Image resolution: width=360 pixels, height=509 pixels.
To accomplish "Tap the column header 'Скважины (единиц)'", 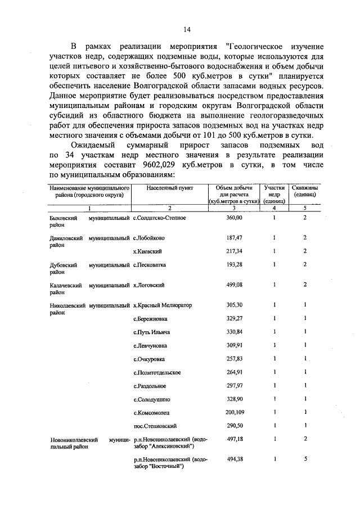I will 304,191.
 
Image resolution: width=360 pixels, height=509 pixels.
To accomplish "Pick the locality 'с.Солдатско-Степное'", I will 160,217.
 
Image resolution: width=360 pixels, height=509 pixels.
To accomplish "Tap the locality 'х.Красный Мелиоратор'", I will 163,305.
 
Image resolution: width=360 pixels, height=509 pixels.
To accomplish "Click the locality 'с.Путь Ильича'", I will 152,332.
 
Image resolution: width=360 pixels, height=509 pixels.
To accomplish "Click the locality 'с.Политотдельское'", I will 157,372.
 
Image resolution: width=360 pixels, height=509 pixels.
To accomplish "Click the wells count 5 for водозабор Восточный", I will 304,459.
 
